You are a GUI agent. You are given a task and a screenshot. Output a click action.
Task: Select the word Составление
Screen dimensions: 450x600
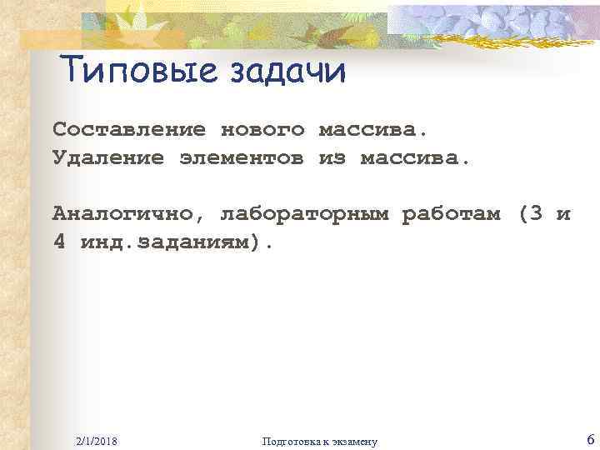pyautogui.click(x=128, y=130)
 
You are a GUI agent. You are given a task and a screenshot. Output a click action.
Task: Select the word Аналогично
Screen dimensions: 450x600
pyautogui.click(x=122, y=214)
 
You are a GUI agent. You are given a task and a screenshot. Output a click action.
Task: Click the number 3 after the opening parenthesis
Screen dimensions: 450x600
pyautogui.click(x=537, y=214)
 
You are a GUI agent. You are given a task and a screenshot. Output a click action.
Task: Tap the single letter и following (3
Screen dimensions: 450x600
pyautogui.click(x=563, y=214)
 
